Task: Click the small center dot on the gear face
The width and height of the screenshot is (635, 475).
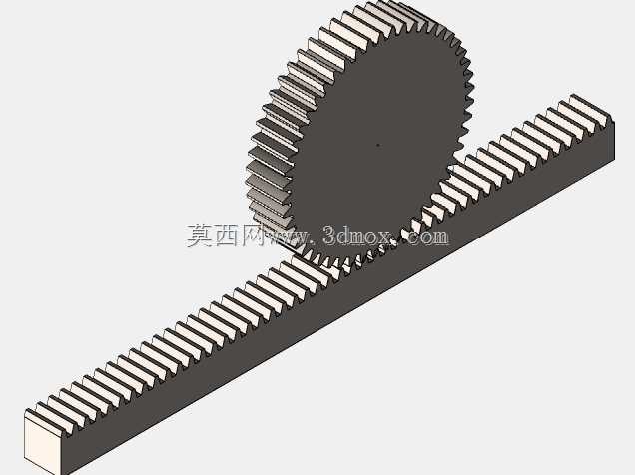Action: (x=378, y=144)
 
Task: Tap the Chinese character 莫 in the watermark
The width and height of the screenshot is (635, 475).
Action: (x=200, y=236)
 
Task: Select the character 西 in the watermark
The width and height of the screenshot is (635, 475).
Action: (x=227, y=236)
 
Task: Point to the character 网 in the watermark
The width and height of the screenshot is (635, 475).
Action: (x=253, y=236)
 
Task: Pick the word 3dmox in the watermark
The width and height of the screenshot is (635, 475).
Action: (x=357, y=236)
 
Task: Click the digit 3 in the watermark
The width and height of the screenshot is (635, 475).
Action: (x=329, y=236)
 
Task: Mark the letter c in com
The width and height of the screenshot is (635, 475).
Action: (x=413, y=238)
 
